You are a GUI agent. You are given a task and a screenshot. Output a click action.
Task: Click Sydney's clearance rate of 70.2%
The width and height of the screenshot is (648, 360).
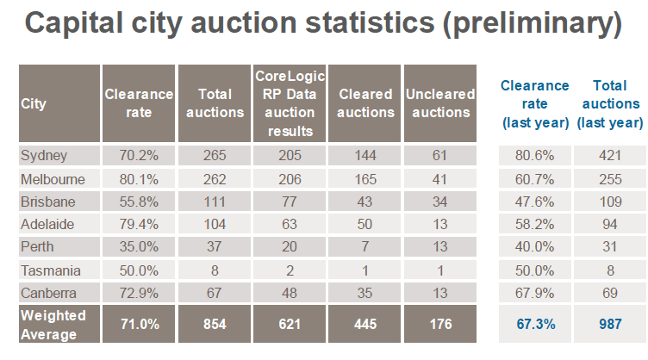pos(139,157)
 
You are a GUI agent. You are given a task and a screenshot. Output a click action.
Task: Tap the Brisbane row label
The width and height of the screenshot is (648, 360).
pos(48,202)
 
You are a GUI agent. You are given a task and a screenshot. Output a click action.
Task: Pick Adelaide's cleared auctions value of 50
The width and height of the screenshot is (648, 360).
pos(364,224)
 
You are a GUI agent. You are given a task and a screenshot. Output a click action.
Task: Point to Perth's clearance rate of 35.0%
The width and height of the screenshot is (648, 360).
pos(139,246)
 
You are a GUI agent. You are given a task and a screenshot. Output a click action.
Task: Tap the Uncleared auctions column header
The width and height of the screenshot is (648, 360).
pos(439,103)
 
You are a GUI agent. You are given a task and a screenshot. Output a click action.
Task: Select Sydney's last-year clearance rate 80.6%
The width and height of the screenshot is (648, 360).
pos(535,157)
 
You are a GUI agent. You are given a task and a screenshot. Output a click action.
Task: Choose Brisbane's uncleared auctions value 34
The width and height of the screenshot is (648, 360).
pos(439,202)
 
